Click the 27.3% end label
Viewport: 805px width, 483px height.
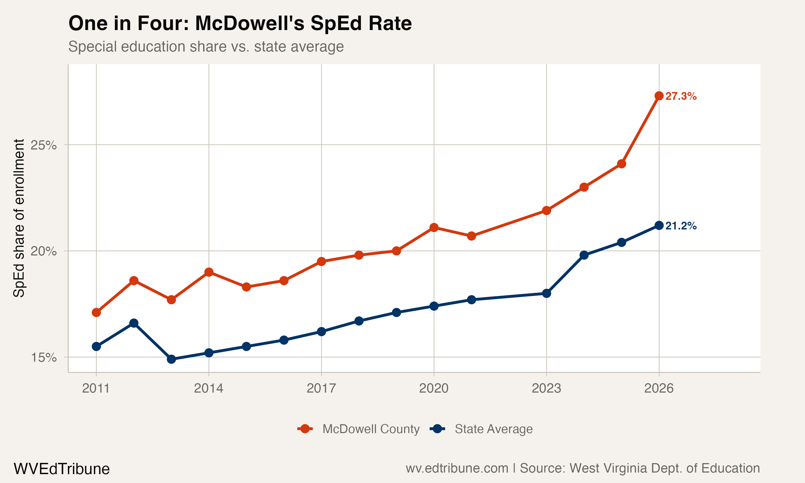pos(681,96)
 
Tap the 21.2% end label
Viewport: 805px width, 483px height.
pos(681,226)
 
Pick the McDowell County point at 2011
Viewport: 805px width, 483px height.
pos(96,312)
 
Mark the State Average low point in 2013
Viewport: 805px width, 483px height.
pos(171,359)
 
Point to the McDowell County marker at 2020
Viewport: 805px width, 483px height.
pos(434,228)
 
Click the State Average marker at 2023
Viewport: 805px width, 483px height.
pos(547,293)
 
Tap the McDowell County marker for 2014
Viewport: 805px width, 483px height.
pos(209,272)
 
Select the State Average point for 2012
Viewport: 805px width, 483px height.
pos(134,323)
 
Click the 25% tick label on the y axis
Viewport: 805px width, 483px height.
pos(43,145)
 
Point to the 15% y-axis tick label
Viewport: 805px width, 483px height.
pos(43,358)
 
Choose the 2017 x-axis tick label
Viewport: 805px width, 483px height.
pos(321,388)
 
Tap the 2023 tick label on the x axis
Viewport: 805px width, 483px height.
pos(546,388)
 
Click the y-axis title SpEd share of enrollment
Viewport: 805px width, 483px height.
pos(19,218)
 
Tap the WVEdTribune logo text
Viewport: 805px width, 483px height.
pos(61,469)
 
